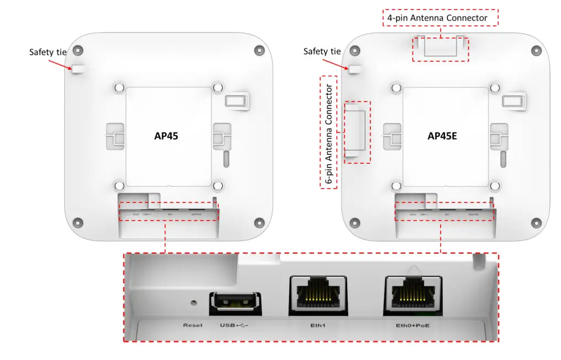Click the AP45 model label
tap(169, 136)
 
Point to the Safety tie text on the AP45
tap(48, 52)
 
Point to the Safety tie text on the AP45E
tap(322, 51)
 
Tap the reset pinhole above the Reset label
tap(193, 303)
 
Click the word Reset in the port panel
tap(193, 325)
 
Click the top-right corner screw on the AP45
tap(259, 50)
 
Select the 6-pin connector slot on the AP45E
tap(356, 133)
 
